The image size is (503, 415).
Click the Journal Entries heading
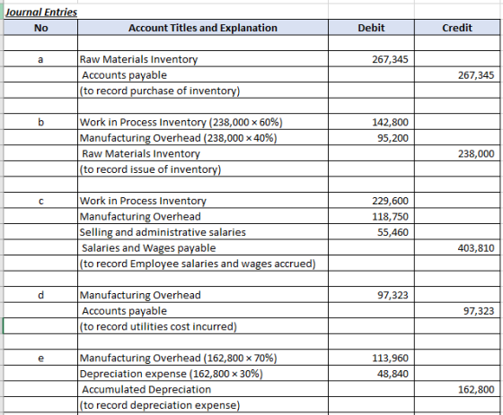41,13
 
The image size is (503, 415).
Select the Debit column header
371,28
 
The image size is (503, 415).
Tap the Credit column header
457,28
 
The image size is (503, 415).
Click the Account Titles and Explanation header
203,28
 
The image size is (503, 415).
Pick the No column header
40,28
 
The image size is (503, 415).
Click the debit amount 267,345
390,59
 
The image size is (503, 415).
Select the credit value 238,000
476,153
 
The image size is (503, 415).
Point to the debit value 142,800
390,122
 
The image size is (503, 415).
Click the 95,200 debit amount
393,138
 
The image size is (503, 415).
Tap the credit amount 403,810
476,248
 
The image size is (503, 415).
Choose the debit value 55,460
393,232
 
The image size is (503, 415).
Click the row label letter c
40,201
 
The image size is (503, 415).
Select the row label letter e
40,358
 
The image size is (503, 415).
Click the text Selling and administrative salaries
163,232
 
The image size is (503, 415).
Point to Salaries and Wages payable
149,248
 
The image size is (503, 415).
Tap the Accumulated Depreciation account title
146,389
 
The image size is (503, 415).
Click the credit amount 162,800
476,389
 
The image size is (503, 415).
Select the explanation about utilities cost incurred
158,326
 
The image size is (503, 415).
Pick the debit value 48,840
393,374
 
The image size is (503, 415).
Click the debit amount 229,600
390,201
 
